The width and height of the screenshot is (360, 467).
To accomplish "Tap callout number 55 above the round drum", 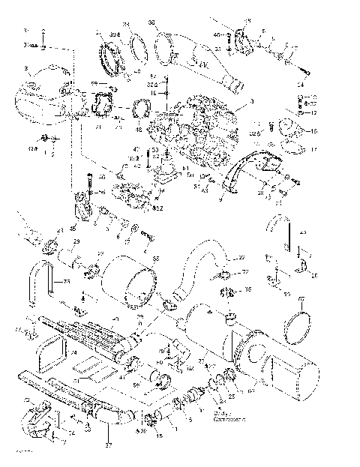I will (155, 258).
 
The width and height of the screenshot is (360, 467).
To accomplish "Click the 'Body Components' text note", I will (226, 414).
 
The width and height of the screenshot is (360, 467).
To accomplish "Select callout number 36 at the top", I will (152, 23).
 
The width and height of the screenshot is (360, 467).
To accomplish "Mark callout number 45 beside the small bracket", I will (73, 228).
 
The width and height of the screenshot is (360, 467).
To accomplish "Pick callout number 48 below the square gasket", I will (138, 129).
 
